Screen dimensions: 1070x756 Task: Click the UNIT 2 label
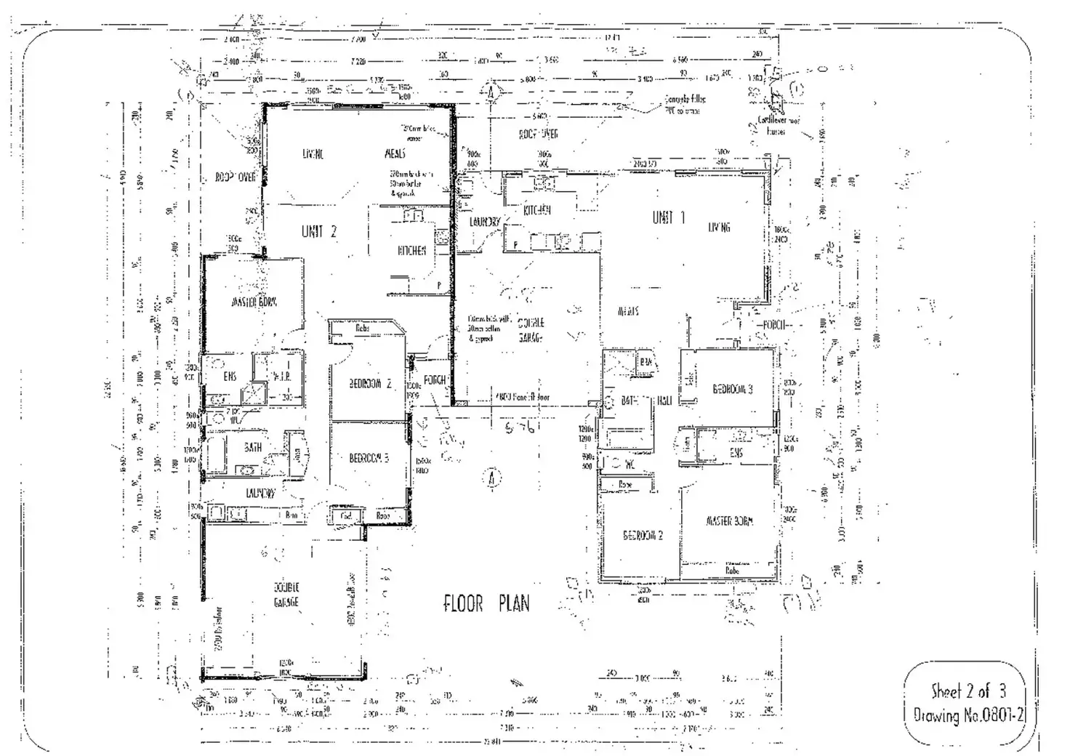coord(319,232)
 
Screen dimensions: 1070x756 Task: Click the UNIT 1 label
coord(668,217)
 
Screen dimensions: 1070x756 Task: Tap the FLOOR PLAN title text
coord(486,603)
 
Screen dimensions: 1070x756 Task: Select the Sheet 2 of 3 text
coord(968,691)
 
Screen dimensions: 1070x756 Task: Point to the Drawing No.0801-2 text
coord(968,715)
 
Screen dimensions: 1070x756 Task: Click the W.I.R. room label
coord(281,377)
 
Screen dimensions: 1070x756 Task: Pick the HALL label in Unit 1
coord(664,401)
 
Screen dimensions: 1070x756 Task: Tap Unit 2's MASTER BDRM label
coord(254,302)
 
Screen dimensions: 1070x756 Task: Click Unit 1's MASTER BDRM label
coord(729,521)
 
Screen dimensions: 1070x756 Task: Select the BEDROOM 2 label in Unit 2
coord(370,384)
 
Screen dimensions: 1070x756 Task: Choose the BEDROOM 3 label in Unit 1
coord(732,389)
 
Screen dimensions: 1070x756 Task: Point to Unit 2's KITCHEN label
coord(411,251)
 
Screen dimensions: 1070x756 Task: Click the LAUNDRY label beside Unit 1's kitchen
coord(484,222)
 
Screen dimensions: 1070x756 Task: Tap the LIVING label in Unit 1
coord(719,228)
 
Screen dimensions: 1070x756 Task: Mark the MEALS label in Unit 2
coord(395,153)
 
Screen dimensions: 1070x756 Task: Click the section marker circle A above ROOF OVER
coord(491,92)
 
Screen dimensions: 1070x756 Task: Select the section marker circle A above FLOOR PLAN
coord(493,478)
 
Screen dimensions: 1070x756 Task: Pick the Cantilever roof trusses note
coord(779,126)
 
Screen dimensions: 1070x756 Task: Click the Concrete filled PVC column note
coord(684,105)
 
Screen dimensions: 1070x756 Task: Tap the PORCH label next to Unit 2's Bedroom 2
coord(435,380)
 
